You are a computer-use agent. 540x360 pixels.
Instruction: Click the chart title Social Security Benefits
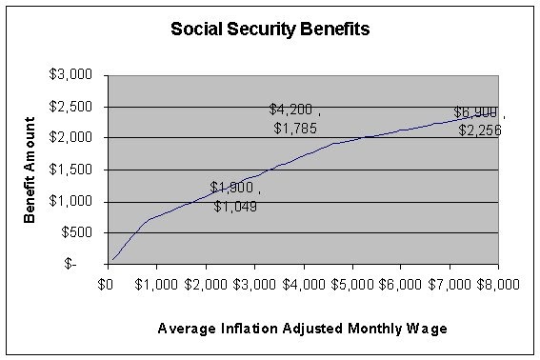pos(270,29)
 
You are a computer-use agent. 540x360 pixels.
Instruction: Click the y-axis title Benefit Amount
pos(31,170)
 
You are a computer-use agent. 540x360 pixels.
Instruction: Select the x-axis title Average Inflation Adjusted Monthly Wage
pos(303,329)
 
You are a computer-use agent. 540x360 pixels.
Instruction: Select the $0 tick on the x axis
pos(108,283)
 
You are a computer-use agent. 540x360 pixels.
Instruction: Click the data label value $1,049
pos(234,206)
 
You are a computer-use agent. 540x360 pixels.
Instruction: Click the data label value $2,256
pos(479,130)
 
